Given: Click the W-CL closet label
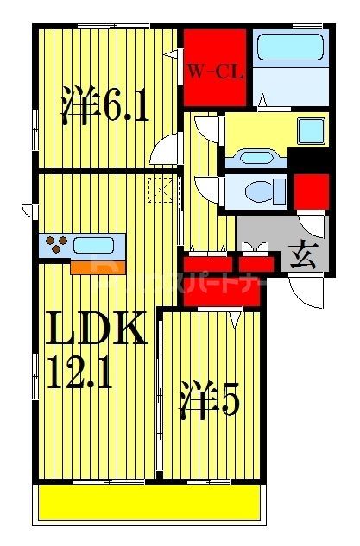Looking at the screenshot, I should click(216, 72).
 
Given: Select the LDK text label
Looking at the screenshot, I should click(95, 330).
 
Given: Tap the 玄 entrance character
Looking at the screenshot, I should click(303, 256).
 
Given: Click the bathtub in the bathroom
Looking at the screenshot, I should click(290, 47).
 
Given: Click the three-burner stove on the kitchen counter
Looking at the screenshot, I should click(56, 245).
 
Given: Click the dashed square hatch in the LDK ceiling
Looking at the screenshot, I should click(161, 189).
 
